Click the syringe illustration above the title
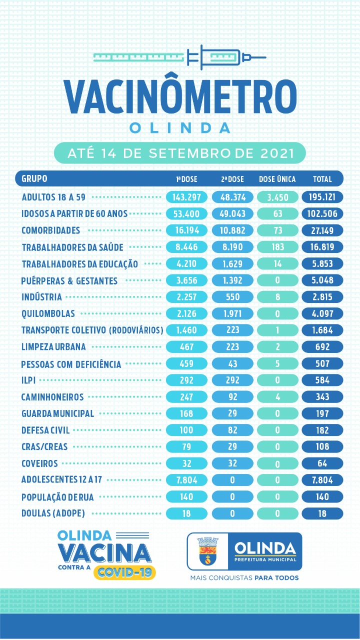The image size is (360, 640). pos(180,57)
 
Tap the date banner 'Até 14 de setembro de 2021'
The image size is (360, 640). pos(180,153)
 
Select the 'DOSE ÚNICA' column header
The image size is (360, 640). pos(277,179)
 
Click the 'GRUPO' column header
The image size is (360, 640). pos(34,178)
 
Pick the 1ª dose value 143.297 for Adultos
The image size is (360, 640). pos(186,197)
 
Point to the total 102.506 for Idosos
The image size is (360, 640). pos(322,213)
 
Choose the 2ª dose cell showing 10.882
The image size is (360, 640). pos(232,230)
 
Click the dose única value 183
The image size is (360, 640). pos(277,247)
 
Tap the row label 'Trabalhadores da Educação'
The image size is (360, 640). pos(79,264)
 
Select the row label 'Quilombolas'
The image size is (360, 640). pos(48,313)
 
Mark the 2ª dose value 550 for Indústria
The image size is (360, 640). pos(232,297)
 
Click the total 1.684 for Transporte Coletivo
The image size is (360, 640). pos(322,330)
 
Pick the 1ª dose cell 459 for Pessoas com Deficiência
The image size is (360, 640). pos(186,363)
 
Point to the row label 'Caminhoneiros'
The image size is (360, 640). pos(52,397)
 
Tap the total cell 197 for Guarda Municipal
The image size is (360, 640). pos(322,413)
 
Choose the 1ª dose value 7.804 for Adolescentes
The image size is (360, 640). pos(186,480)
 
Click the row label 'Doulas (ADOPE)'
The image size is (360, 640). pos(53,513)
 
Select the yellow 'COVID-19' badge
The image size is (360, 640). pos(124,572)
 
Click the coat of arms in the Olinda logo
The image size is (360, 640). pos(207,551)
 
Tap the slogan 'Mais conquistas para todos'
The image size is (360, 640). pos(244,577)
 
